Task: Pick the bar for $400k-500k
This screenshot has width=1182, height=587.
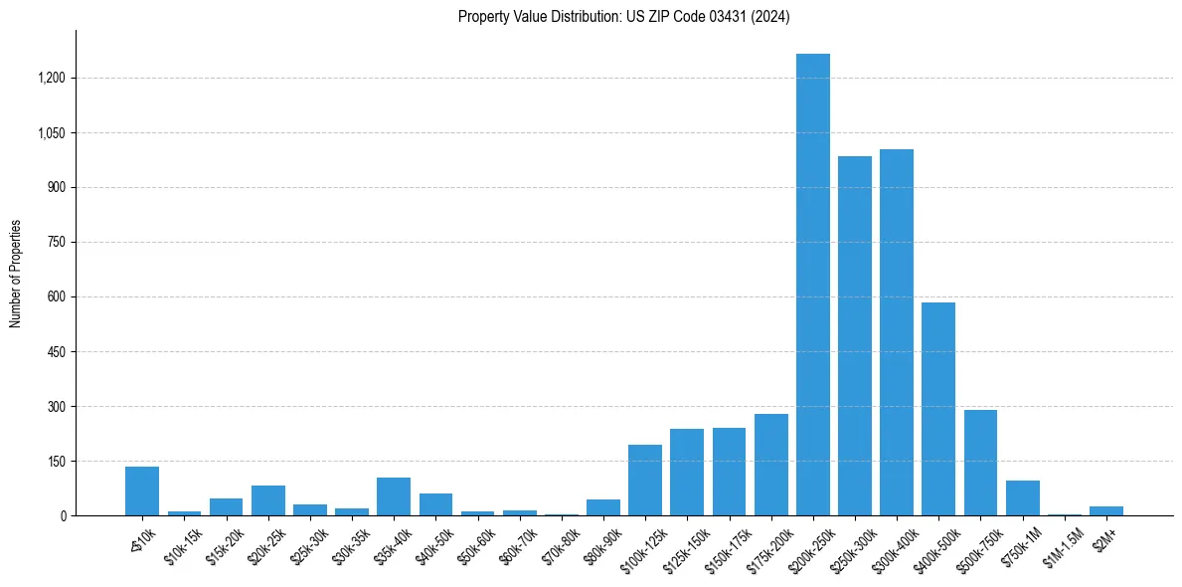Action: click(x=938, y=409)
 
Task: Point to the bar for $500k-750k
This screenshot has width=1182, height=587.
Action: click(x=980, y=463)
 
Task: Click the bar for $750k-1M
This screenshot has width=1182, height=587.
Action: click(x=1022, y=498)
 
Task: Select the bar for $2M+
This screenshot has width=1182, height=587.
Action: click(x=1105, y=511)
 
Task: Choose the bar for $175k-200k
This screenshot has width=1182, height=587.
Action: click(x=770, y=465)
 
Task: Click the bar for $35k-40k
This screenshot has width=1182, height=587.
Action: click(x=393, y=496)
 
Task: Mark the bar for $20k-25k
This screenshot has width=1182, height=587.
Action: click(x=267, y=500)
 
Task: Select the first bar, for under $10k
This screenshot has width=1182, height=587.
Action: click(x=142, y=491)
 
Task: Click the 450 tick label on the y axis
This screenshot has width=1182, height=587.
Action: click(x=56, y=351)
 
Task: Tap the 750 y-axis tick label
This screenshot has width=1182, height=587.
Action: click(x=56, y=242)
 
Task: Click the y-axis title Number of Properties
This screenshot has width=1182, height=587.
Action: click(x=15, y=274)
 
